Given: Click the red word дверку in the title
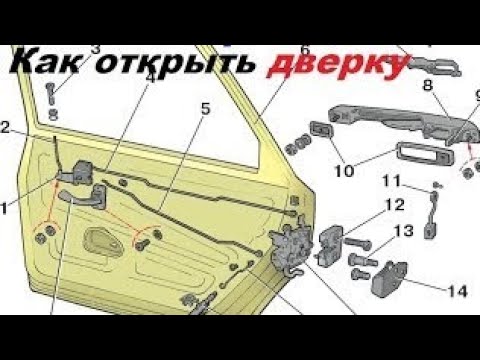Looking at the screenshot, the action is pos(337,65).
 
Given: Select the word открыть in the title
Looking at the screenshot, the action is pos(175,64).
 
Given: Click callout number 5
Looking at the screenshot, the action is pos(205,109).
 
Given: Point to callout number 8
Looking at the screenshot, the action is pos(428,85).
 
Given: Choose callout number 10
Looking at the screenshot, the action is pos(344,171).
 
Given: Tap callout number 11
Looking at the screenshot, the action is pos(391,181).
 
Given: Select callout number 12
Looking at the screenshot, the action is pos(395,205).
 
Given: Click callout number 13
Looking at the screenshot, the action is pos(404,231).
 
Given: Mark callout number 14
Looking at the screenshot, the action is pos(457,292).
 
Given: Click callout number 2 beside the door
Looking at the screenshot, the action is pos(5,127).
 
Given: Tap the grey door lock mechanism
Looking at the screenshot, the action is pos(291,247).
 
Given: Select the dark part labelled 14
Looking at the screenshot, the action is pos(389,279).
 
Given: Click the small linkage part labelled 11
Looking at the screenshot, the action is pos(432,213).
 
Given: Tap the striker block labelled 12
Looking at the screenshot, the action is pos(331,245).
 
